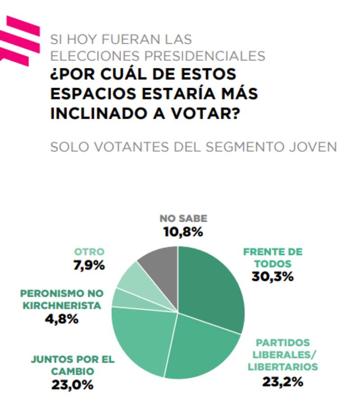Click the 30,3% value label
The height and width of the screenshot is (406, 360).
273,277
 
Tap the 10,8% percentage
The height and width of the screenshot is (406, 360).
183,232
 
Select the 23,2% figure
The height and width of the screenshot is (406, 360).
283,382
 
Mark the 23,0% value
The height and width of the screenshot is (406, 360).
72,385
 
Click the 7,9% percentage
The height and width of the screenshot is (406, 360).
89,265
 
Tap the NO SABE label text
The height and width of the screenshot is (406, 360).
183,219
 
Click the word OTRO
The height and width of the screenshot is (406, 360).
89,252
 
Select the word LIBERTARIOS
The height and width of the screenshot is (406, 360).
283,367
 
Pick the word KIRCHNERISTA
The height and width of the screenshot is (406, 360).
62,306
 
